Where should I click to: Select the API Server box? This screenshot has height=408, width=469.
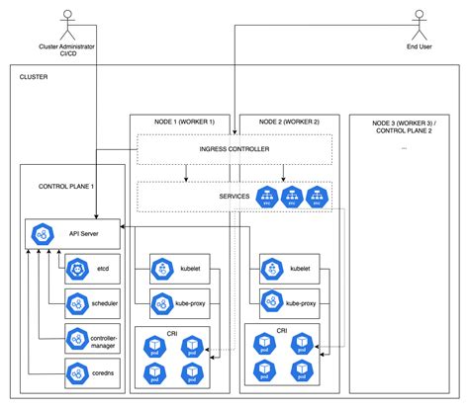pos(73,234)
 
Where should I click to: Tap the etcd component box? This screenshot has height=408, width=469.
pos(92,267)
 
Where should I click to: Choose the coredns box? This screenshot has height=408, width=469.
pos(92,373)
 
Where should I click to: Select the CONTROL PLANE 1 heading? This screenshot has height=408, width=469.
pos(66,186)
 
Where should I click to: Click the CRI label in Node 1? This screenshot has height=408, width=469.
pos(172,333)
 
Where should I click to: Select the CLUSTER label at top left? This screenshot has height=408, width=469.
pos(35,76)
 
